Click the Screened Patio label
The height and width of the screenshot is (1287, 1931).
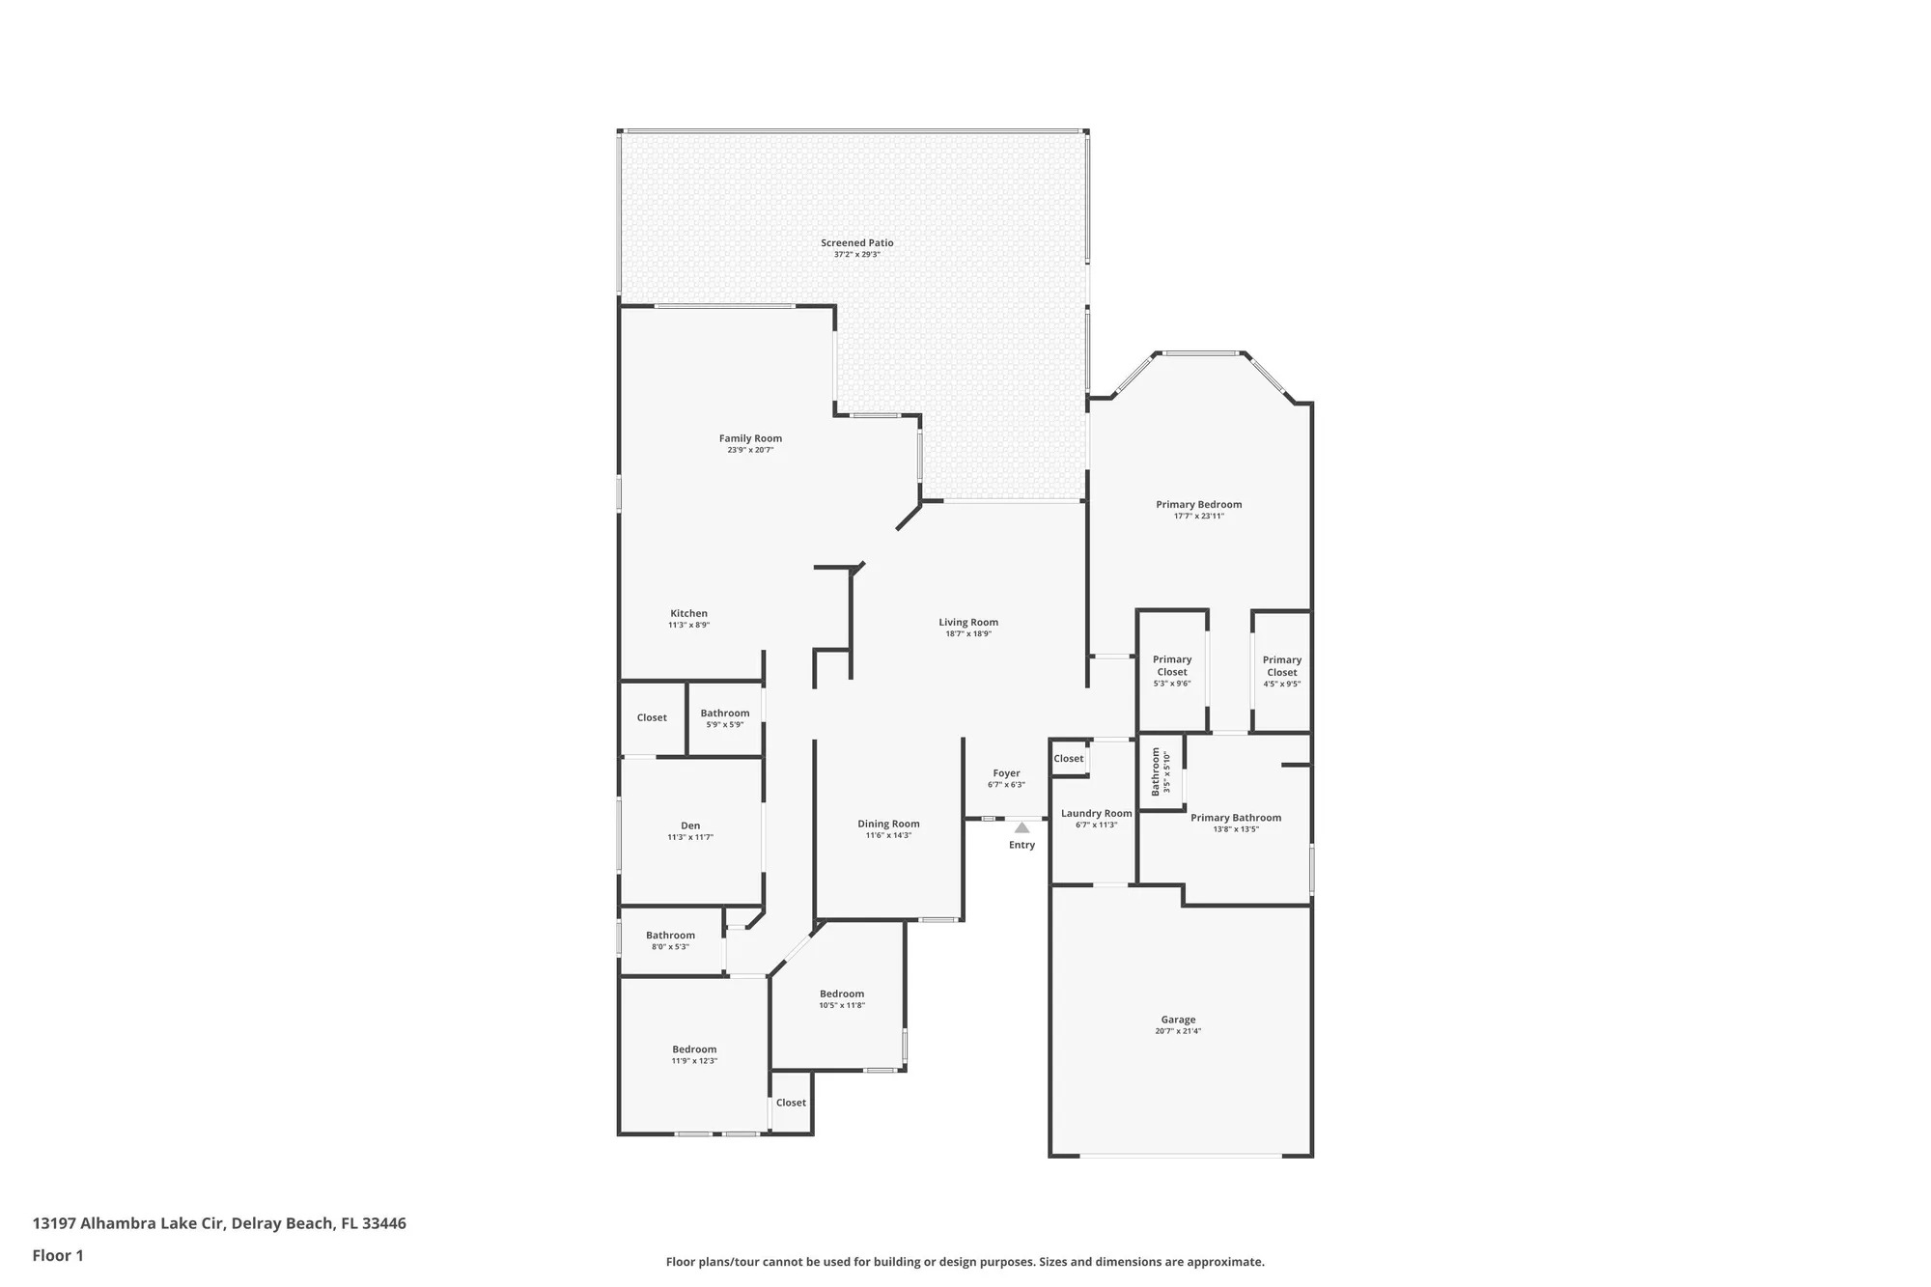(856, 243)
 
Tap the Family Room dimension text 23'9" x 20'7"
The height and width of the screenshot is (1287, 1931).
(750, 450)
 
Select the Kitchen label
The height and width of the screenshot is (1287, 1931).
(688, 614)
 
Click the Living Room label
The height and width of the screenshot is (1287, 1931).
(968, 623)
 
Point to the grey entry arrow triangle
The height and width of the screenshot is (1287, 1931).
(1021, 827)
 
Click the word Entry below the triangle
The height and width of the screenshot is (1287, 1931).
(1021, 845)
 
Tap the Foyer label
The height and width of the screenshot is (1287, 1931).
(1006, 773)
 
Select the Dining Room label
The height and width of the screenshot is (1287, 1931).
(888, 825)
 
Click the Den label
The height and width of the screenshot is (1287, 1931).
(690, 825)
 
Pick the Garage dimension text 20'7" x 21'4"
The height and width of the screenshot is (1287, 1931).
(1178, 1031)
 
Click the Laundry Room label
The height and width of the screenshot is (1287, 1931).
(1096, 814)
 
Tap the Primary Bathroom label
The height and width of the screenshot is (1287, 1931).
(1236, 818)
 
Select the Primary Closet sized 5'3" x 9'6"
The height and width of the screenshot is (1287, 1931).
(1172, 666)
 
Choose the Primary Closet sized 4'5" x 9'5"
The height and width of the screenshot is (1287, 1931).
(1282, 666)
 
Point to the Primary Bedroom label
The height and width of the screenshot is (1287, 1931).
(1199, 505)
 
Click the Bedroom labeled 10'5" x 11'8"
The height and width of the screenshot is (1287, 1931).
(842, 994)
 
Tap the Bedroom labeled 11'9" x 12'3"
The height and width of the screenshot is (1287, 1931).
(694, 1049)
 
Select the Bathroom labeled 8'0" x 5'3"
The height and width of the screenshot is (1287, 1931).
(670, 936)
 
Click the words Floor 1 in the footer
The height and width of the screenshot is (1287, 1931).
(58, 1256)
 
